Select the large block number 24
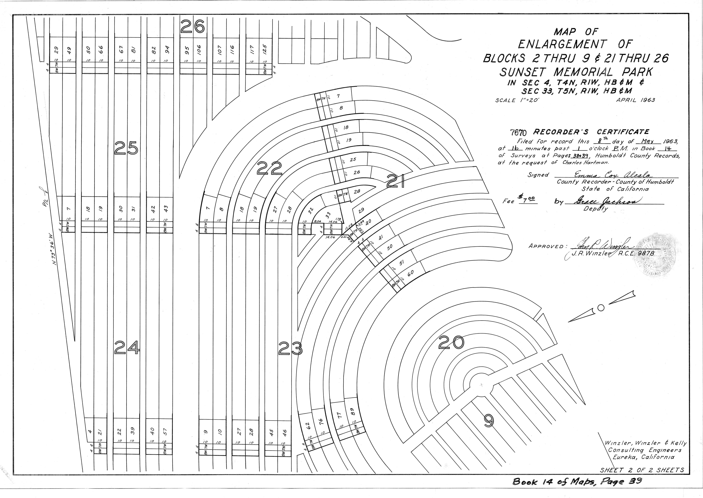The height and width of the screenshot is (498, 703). pyautogui.click(x=127, y=348)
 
